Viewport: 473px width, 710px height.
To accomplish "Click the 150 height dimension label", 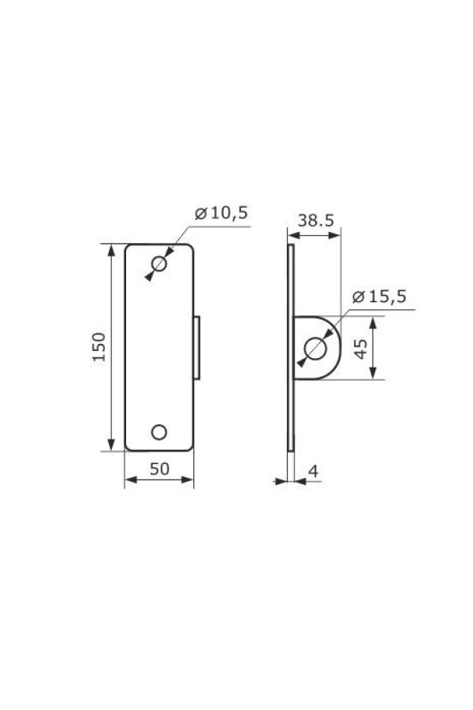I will [x=99, y=347].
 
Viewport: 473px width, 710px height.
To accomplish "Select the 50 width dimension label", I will [x=159, y=469].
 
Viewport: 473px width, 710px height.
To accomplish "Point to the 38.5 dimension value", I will [x=314, y=221].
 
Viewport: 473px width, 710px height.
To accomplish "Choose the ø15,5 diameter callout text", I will [x=379, y=297].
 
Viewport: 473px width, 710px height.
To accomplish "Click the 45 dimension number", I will [x=360, y=348].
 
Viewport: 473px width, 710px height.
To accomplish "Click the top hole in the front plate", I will [x=159, y=264].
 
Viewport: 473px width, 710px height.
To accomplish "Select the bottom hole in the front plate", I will [x=159, y=431].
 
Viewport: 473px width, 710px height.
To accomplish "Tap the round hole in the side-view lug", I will [x=316, y=348].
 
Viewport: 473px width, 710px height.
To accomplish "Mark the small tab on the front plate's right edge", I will [x=198, y=347].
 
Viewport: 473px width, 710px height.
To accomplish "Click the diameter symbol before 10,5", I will [x=199, y=214].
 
